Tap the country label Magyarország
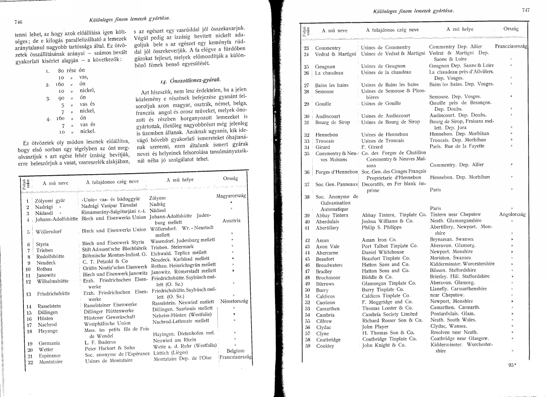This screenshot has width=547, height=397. click(231, 196)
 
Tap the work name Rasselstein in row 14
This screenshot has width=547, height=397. click(49, 306)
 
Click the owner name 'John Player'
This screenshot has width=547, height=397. click(375, 327)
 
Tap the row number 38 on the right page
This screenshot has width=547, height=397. click(307, 197)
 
